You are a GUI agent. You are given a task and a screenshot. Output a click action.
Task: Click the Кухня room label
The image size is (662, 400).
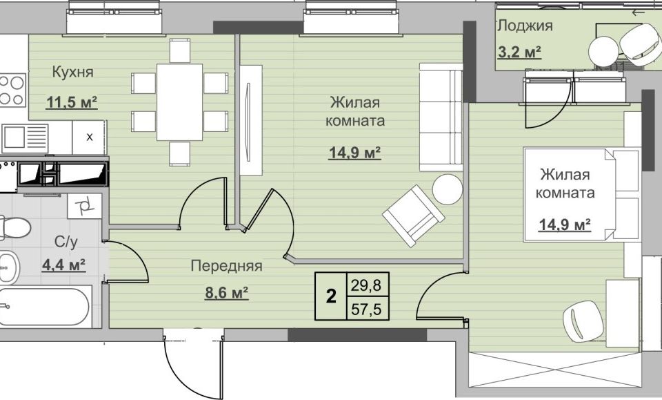click(x=72, y=72)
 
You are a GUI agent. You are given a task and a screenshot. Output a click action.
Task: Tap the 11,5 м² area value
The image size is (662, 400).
click(x=72, y=102)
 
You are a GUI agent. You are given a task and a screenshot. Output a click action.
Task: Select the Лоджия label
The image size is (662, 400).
click(x=525, y=26)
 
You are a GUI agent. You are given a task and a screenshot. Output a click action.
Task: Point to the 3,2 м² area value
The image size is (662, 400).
click(x=520, y=52)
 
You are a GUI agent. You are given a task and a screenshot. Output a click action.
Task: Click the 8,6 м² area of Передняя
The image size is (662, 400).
click(x=226, y=292)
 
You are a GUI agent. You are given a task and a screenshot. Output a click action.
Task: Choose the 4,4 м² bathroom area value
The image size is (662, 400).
click(x=63, y=265)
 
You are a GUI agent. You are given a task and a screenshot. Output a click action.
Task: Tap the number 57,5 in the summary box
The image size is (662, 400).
click(x=366, y=309)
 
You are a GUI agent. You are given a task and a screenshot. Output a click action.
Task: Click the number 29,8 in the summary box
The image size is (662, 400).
click(x=366, y=285)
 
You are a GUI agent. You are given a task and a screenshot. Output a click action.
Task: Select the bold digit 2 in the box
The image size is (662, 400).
click(x=332, y=296)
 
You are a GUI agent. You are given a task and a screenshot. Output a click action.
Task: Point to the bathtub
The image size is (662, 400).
click(x=45, y=307)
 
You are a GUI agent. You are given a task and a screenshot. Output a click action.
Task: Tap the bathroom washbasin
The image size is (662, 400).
click(x=8, y=267)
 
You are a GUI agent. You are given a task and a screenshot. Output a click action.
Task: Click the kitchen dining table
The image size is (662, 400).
click(x=179, y=102)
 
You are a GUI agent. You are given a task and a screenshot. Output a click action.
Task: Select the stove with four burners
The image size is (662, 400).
click(x=12, y=90)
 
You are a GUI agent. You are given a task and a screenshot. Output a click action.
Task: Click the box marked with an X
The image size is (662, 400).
click(x=89, y=137)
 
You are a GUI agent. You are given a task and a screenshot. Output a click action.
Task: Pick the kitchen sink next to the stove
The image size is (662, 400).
click(x=26, y=138)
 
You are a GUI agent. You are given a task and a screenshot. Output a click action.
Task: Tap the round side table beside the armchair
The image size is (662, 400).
click(x=448, y=189)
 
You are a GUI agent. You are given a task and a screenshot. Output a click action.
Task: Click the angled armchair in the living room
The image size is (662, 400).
click(x=413, y=216)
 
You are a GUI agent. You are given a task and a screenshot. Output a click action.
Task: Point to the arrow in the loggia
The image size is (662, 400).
click(x=638, y=12)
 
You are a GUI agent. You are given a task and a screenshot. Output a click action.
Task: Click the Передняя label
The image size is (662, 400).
click(x=226, y=266)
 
